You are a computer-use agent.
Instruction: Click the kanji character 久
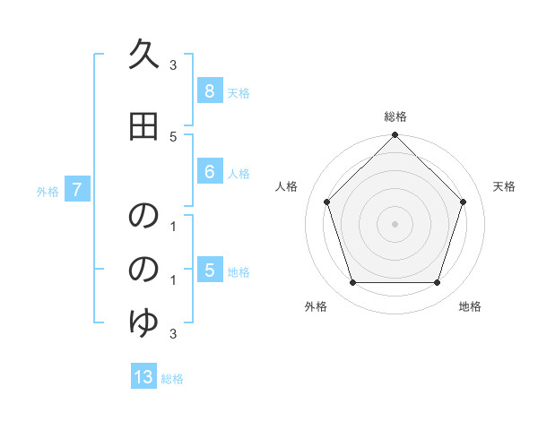click(x=143, y=56)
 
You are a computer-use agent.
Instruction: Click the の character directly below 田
click(x=143, y=217)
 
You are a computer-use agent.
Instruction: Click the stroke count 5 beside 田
click(x=173, y=136)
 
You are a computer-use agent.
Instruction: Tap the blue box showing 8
click(x=209, y=91)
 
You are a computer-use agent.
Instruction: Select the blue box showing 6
click(x=209, y=172)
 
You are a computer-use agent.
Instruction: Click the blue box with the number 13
click(x=143, y=377)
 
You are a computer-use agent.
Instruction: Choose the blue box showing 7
click(x=77, y=190)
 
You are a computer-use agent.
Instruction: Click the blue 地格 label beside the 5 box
click(x=239, y=272)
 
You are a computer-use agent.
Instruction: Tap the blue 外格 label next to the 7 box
click(x=48, y=191)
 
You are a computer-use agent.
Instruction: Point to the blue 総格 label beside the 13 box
click(x=172, y=379)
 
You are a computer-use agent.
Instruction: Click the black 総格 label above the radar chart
click(x=395, y=116)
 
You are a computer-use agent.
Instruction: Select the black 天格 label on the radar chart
click(x=505, y=186)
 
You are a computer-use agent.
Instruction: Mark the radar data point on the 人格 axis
click(x=327, y=202)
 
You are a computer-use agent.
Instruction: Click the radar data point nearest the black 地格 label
click(x=437, y=282)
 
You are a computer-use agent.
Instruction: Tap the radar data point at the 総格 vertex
click(x=395, y=135)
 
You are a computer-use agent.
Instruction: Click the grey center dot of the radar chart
click(x=395, y=224)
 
